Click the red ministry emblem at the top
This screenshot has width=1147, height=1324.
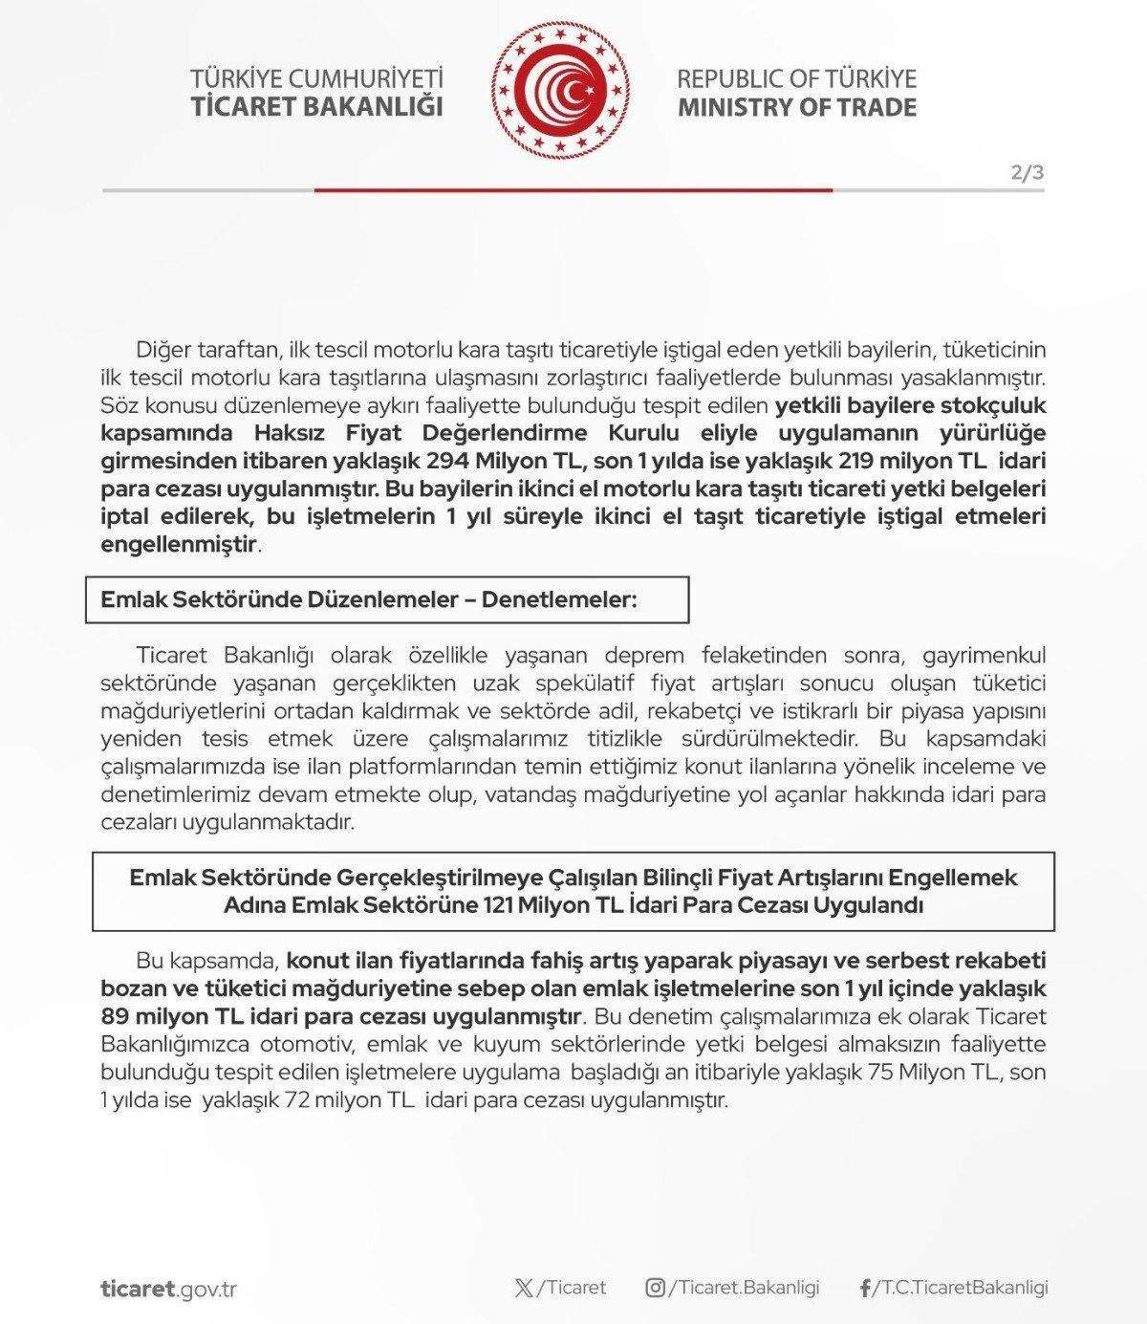(x=563, y=91)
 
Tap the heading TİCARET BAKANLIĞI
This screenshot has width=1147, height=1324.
(x=317, y=106)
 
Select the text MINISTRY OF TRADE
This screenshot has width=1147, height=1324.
(x=796, y=106)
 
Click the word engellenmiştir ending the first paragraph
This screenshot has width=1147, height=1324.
(x=180, y=545)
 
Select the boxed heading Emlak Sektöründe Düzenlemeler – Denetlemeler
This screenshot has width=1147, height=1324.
(x=369, y=600)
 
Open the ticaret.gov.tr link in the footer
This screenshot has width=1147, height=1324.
(x=168, y=1288)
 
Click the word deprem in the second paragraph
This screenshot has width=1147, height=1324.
(x=649, y=655)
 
